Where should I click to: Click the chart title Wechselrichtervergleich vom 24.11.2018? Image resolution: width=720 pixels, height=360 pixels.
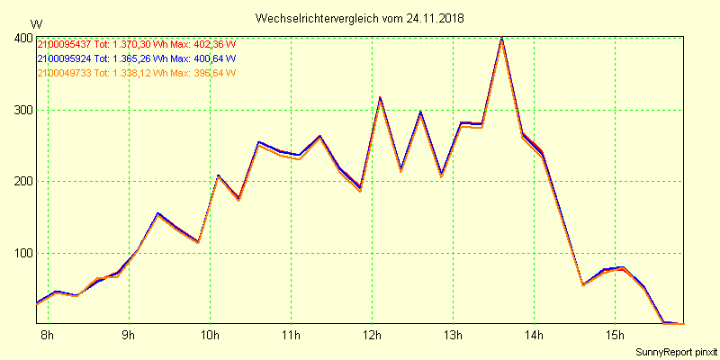[x=360, y=18]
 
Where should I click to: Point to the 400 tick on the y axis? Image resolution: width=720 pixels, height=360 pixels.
[x=23, y=38]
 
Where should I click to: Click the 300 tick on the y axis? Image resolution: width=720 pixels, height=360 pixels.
[x=23, y=111]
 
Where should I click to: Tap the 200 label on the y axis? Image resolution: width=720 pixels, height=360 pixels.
[x=23, y=182]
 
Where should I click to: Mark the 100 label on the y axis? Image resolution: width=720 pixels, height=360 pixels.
[x=23, y=253]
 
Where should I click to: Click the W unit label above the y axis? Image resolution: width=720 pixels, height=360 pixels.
[x=35, y=23]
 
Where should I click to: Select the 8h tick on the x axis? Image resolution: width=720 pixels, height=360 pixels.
[x=48, y=337]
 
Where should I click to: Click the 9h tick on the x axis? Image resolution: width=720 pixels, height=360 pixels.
[x=129, y=337]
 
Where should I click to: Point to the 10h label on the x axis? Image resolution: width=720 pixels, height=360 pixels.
[x=210, y=337]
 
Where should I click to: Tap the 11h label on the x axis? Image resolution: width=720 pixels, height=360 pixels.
[x=291, y=337]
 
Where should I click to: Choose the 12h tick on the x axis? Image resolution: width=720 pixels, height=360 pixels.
[x=372, y=337]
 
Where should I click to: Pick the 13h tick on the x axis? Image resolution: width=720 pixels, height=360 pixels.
[x=453, y=337]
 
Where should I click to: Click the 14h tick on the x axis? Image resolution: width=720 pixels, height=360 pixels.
[x=534, y=337]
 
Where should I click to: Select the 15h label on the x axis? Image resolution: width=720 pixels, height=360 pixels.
[x=615, y=337]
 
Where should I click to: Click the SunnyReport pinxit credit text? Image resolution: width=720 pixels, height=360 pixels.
[x=676, y=351]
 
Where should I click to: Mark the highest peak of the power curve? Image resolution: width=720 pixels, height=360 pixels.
[x=502, y=39]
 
